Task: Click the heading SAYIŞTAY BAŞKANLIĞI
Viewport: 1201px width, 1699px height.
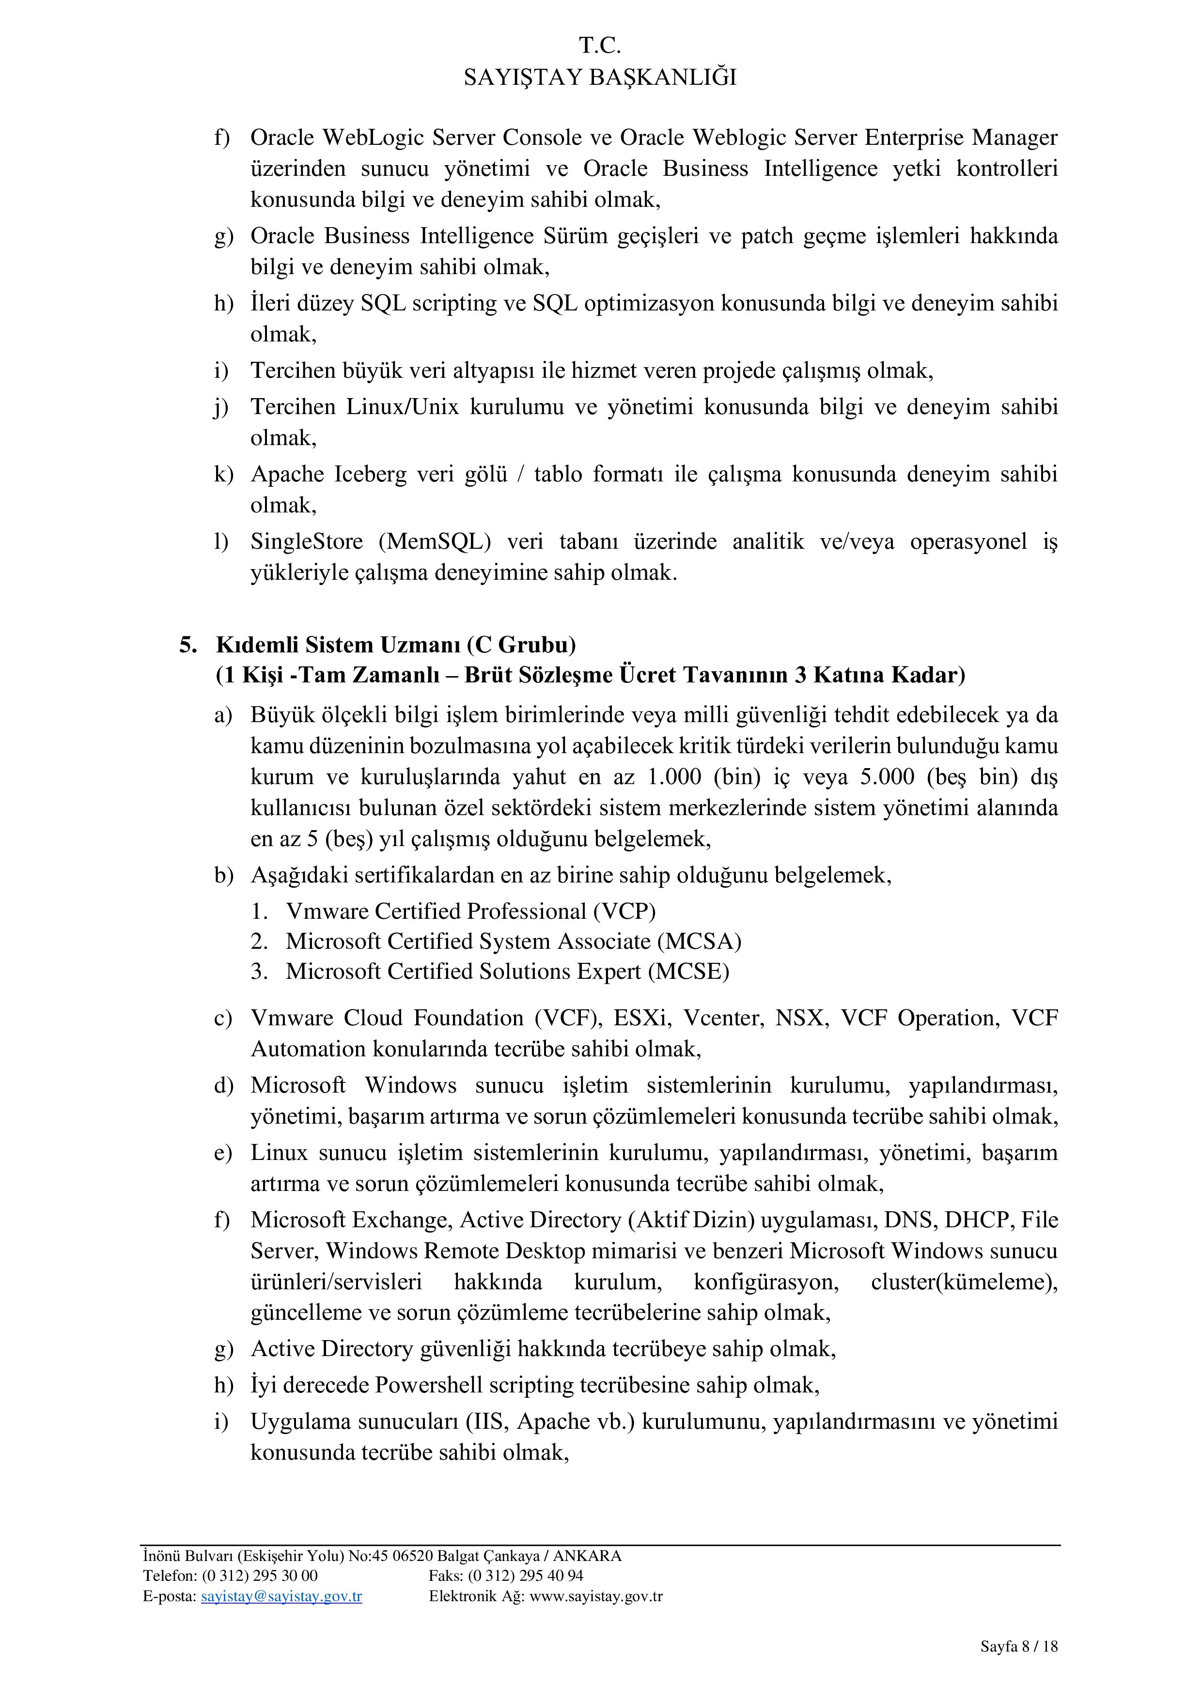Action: (x=600, y=77)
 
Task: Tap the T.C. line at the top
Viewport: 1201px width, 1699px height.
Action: (x=600, y=46)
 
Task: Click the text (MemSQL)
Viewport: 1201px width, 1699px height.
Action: (x=435, y=541)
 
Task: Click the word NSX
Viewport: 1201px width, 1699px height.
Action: (x=799, y=1018)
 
